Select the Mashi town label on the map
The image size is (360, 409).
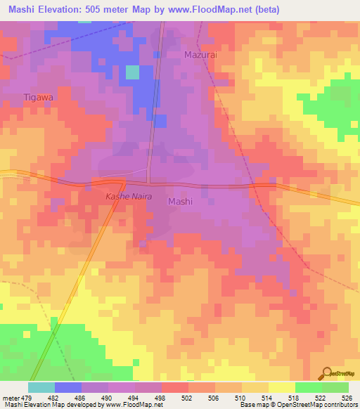[x=181, y=201]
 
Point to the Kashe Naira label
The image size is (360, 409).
[x=129, y=197]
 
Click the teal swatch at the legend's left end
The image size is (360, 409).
[x=41, y=387]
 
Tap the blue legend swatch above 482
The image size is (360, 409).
[x=67, y=387]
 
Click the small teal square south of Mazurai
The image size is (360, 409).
[x=132, y=72]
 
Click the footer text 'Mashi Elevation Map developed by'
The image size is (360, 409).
[x=51, y=405]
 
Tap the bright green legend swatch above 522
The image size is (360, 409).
[x=308, y=387]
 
